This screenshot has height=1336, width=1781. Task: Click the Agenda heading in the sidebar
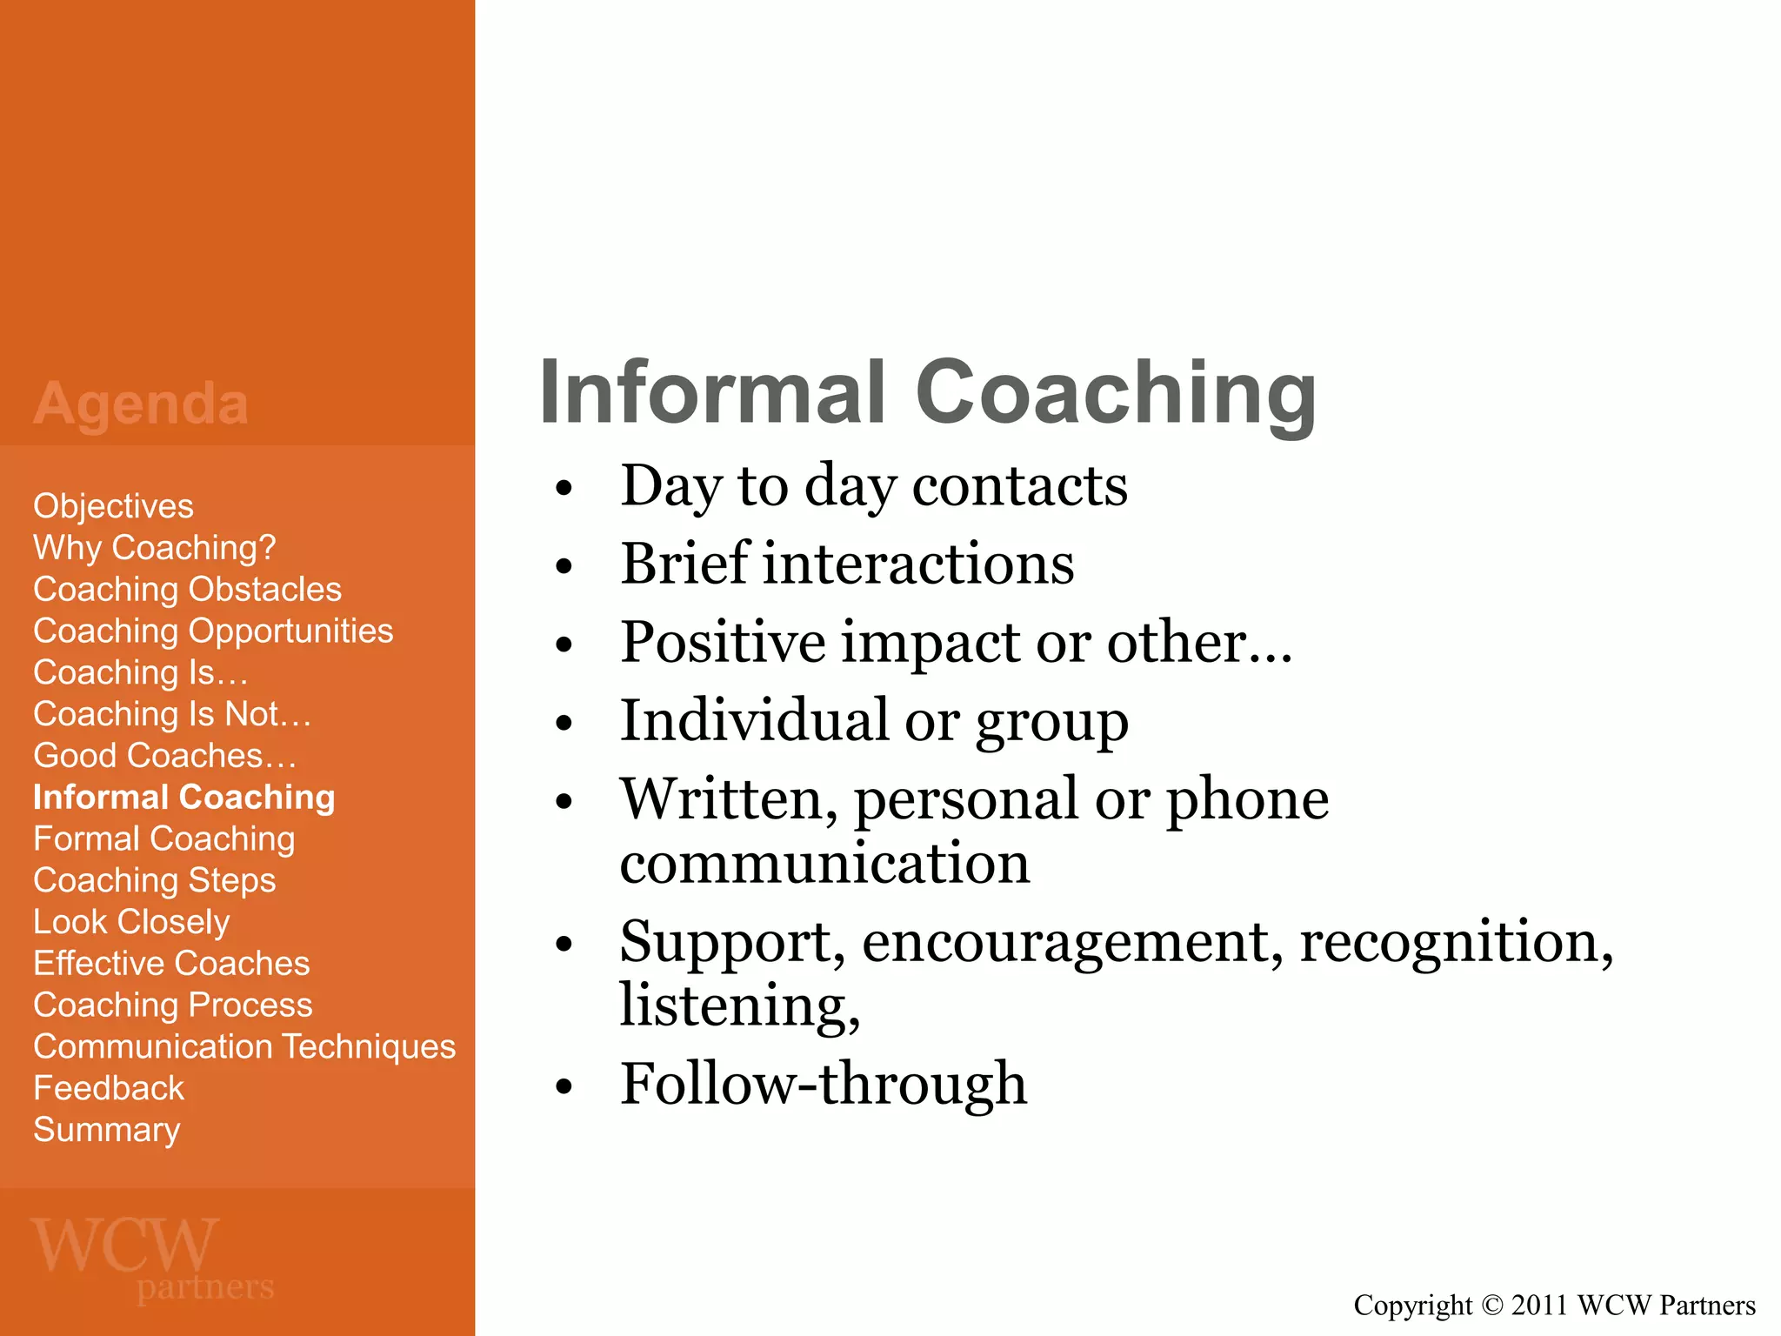[x=141, y=404]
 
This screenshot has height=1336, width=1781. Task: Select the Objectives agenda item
[x=113, y=506]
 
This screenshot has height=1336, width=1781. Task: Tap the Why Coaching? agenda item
[x=154, y=548]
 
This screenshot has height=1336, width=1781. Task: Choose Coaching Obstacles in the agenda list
[x=187, y=590]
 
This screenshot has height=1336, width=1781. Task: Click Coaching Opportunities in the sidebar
[x=213, y=631]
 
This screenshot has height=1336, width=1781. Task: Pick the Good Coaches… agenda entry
[x=164, y=756]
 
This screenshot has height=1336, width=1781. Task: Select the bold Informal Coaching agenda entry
[x=183, y=798]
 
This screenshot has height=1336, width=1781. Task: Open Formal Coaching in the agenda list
[x=163, y=839]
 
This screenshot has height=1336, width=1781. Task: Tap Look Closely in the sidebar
[x=131, y=922]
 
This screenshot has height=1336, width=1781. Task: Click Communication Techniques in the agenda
[x=244, y=1046]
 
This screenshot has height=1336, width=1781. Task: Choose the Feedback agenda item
[x=109, y=1088]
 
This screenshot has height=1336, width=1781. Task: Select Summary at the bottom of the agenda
[x=106, y=1130]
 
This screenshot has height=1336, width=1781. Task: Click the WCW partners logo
[x=152, y=1259]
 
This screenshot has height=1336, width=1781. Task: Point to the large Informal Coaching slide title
[x=927, y=393]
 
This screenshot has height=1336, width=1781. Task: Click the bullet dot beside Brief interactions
[x=564, y=567]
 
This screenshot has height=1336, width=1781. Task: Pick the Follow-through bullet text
[x=823, y=1084]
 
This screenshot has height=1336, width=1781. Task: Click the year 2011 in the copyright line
[x=1540, y=1306]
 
